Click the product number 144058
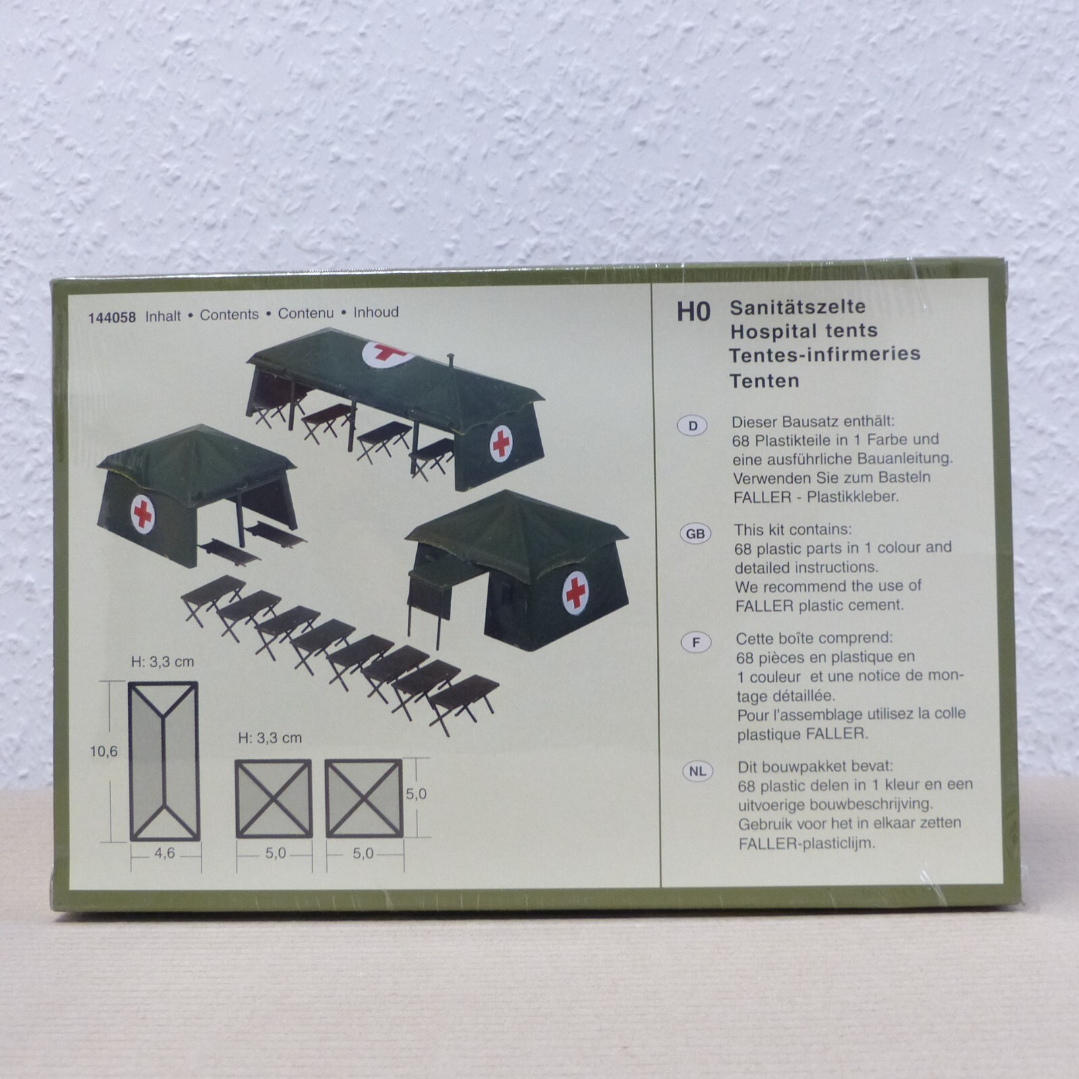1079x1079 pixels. pos(112,317)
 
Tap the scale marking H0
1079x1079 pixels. pos(694,312)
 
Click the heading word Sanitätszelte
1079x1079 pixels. pos(798,307)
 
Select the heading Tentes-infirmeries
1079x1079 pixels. pos(825,354)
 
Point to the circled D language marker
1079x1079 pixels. pos(693,426)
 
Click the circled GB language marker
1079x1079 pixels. pos(695,534)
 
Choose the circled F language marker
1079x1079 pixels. pos(697,643)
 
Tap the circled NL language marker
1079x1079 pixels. pos(698,771)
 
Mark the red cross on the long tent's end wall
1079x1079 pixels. pos(500,443)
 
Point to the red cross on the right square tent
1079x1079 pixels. pos(575,592)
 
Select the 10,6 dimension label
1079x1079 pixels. pos(104,751)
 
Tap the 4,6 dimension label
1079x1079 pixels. pos(165,853)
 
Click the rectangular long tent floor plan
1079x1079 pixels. pos(164,761)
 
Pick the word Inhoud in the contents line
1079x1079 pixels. pos(376,312)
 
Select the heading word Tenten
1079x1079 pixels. pos(765,381)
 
